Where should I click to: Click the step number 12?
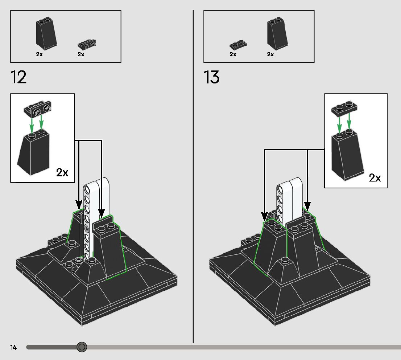point(18,77)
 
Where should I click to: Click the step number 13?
point(211,77)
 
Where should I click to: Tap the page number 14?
point(14,347)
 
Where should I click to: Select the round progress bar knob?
point(82,347)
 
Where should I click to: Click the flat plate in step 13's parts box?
point(238,45)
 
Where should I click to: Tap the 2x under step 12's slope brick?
point(39,54)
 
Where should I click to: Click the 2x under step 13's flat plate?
point(233,54)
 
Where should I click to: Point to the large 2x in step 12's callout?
point(62,172)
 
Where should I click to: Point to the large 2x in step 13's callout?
point(375,178)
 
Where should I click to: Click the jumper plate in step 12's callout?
point(38,108)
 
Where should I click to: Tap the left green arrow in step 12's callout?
point(32,124)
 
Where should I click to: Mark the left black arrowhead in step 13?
point(265,216)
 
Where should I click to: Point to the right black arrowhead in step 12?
point(102,213)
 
